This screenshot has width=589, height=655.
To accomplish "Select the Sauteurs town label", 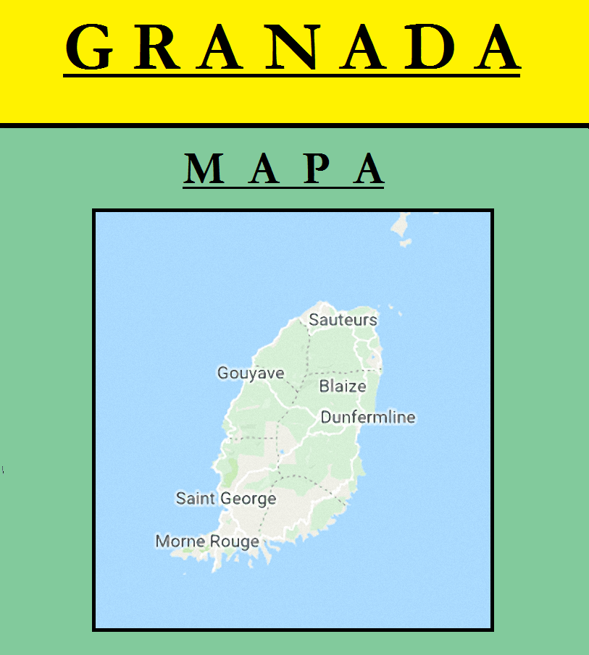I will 343,320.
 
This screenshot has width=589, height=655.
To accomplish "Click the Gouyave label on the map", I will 251,373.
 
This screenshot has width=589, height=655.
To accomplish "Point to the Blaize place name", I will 343,386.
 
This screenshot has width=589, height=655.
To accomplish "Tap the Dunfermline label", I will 368,418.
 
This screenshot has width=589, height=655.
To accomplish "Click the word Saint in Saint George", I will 196,499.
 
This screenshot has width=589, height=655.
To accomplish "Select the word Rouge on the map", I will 234,542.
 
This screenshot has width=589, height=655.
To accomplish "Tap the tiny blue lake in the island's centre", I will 281,455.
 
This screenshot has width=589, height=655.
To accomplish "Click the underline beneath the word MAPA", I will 283,187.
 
